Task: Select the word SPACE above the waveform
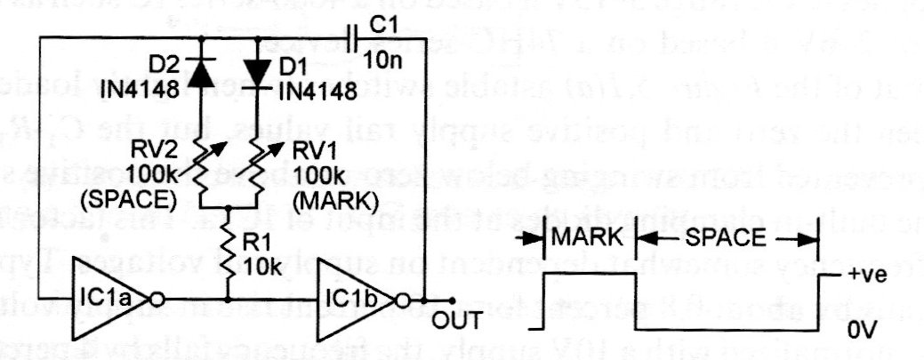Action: [727, 239]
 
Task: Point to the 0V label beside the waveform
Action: [862, 330]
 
